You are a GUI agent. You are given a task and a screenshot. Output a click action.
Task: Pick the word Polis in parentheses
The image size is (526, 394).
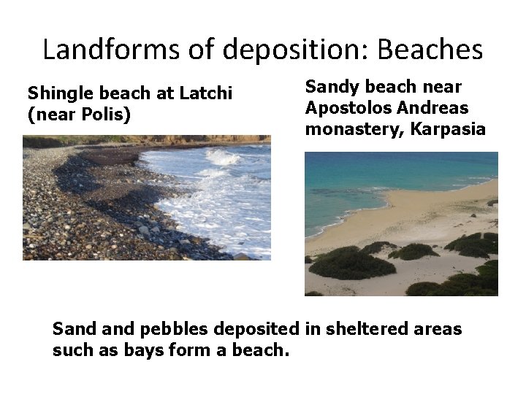pos(102,115)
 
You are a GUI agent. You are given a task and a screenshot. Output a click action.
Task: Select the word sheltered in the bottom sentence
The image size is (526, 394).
pos(364,329)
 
